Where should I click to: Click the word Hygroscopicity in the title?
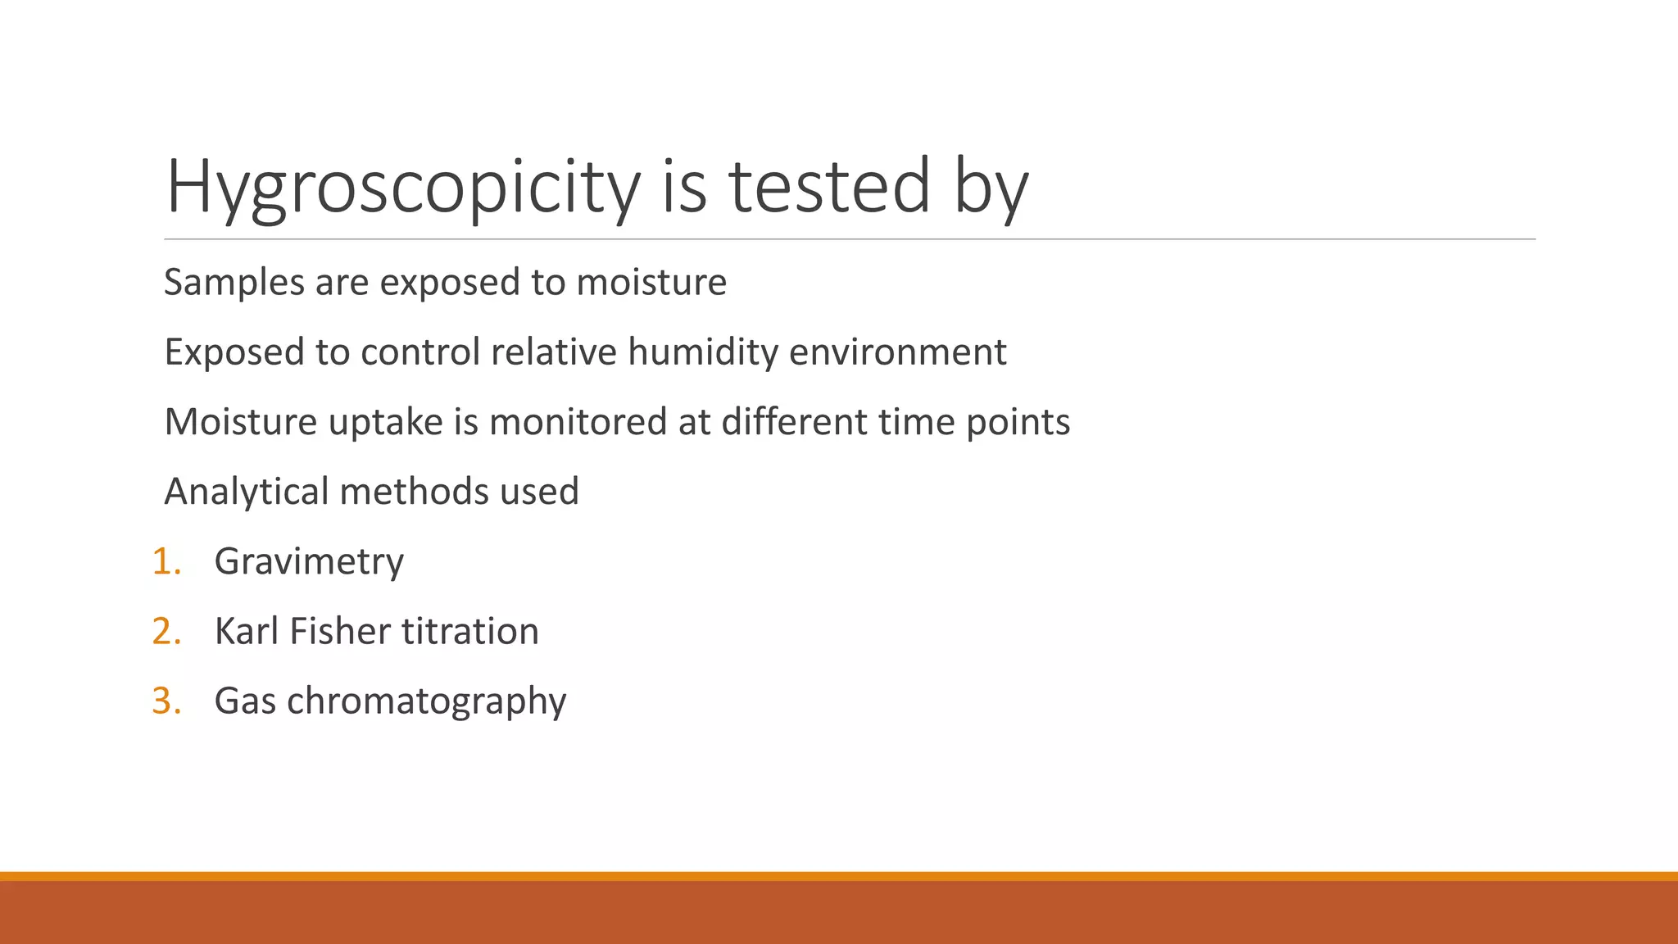402,187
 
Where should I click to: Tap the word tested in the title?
828,187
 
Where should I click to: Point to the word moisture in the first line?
651,283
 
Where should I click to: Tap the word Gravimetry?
309,562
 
